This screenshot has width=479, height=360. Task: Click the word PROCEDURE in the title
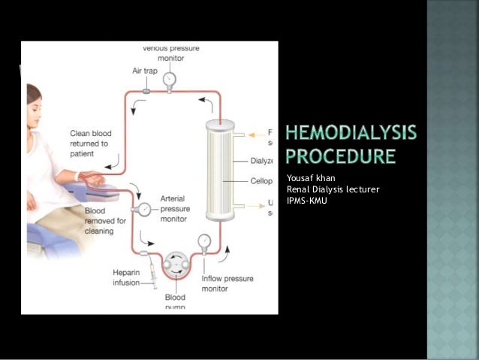point(340,157)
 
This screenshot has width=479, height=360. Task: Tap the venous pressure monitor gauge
point(169,78)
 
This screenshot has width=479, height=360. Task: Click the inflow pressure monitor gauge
point(203,241)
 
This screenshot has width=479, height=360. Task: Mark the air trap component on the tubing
point(145,91)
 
